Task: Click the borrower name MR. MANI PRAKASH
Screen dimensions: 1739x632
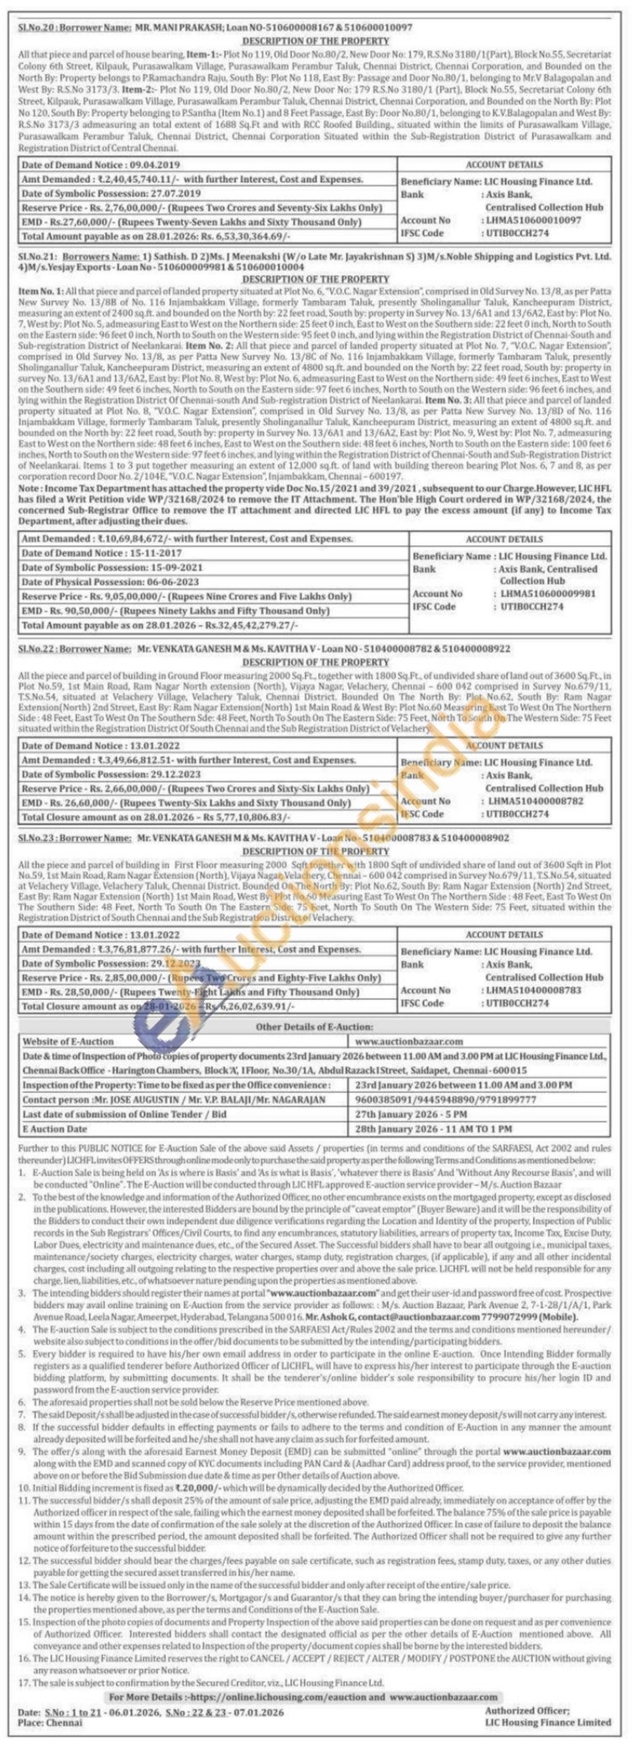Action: pos(170,28)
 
